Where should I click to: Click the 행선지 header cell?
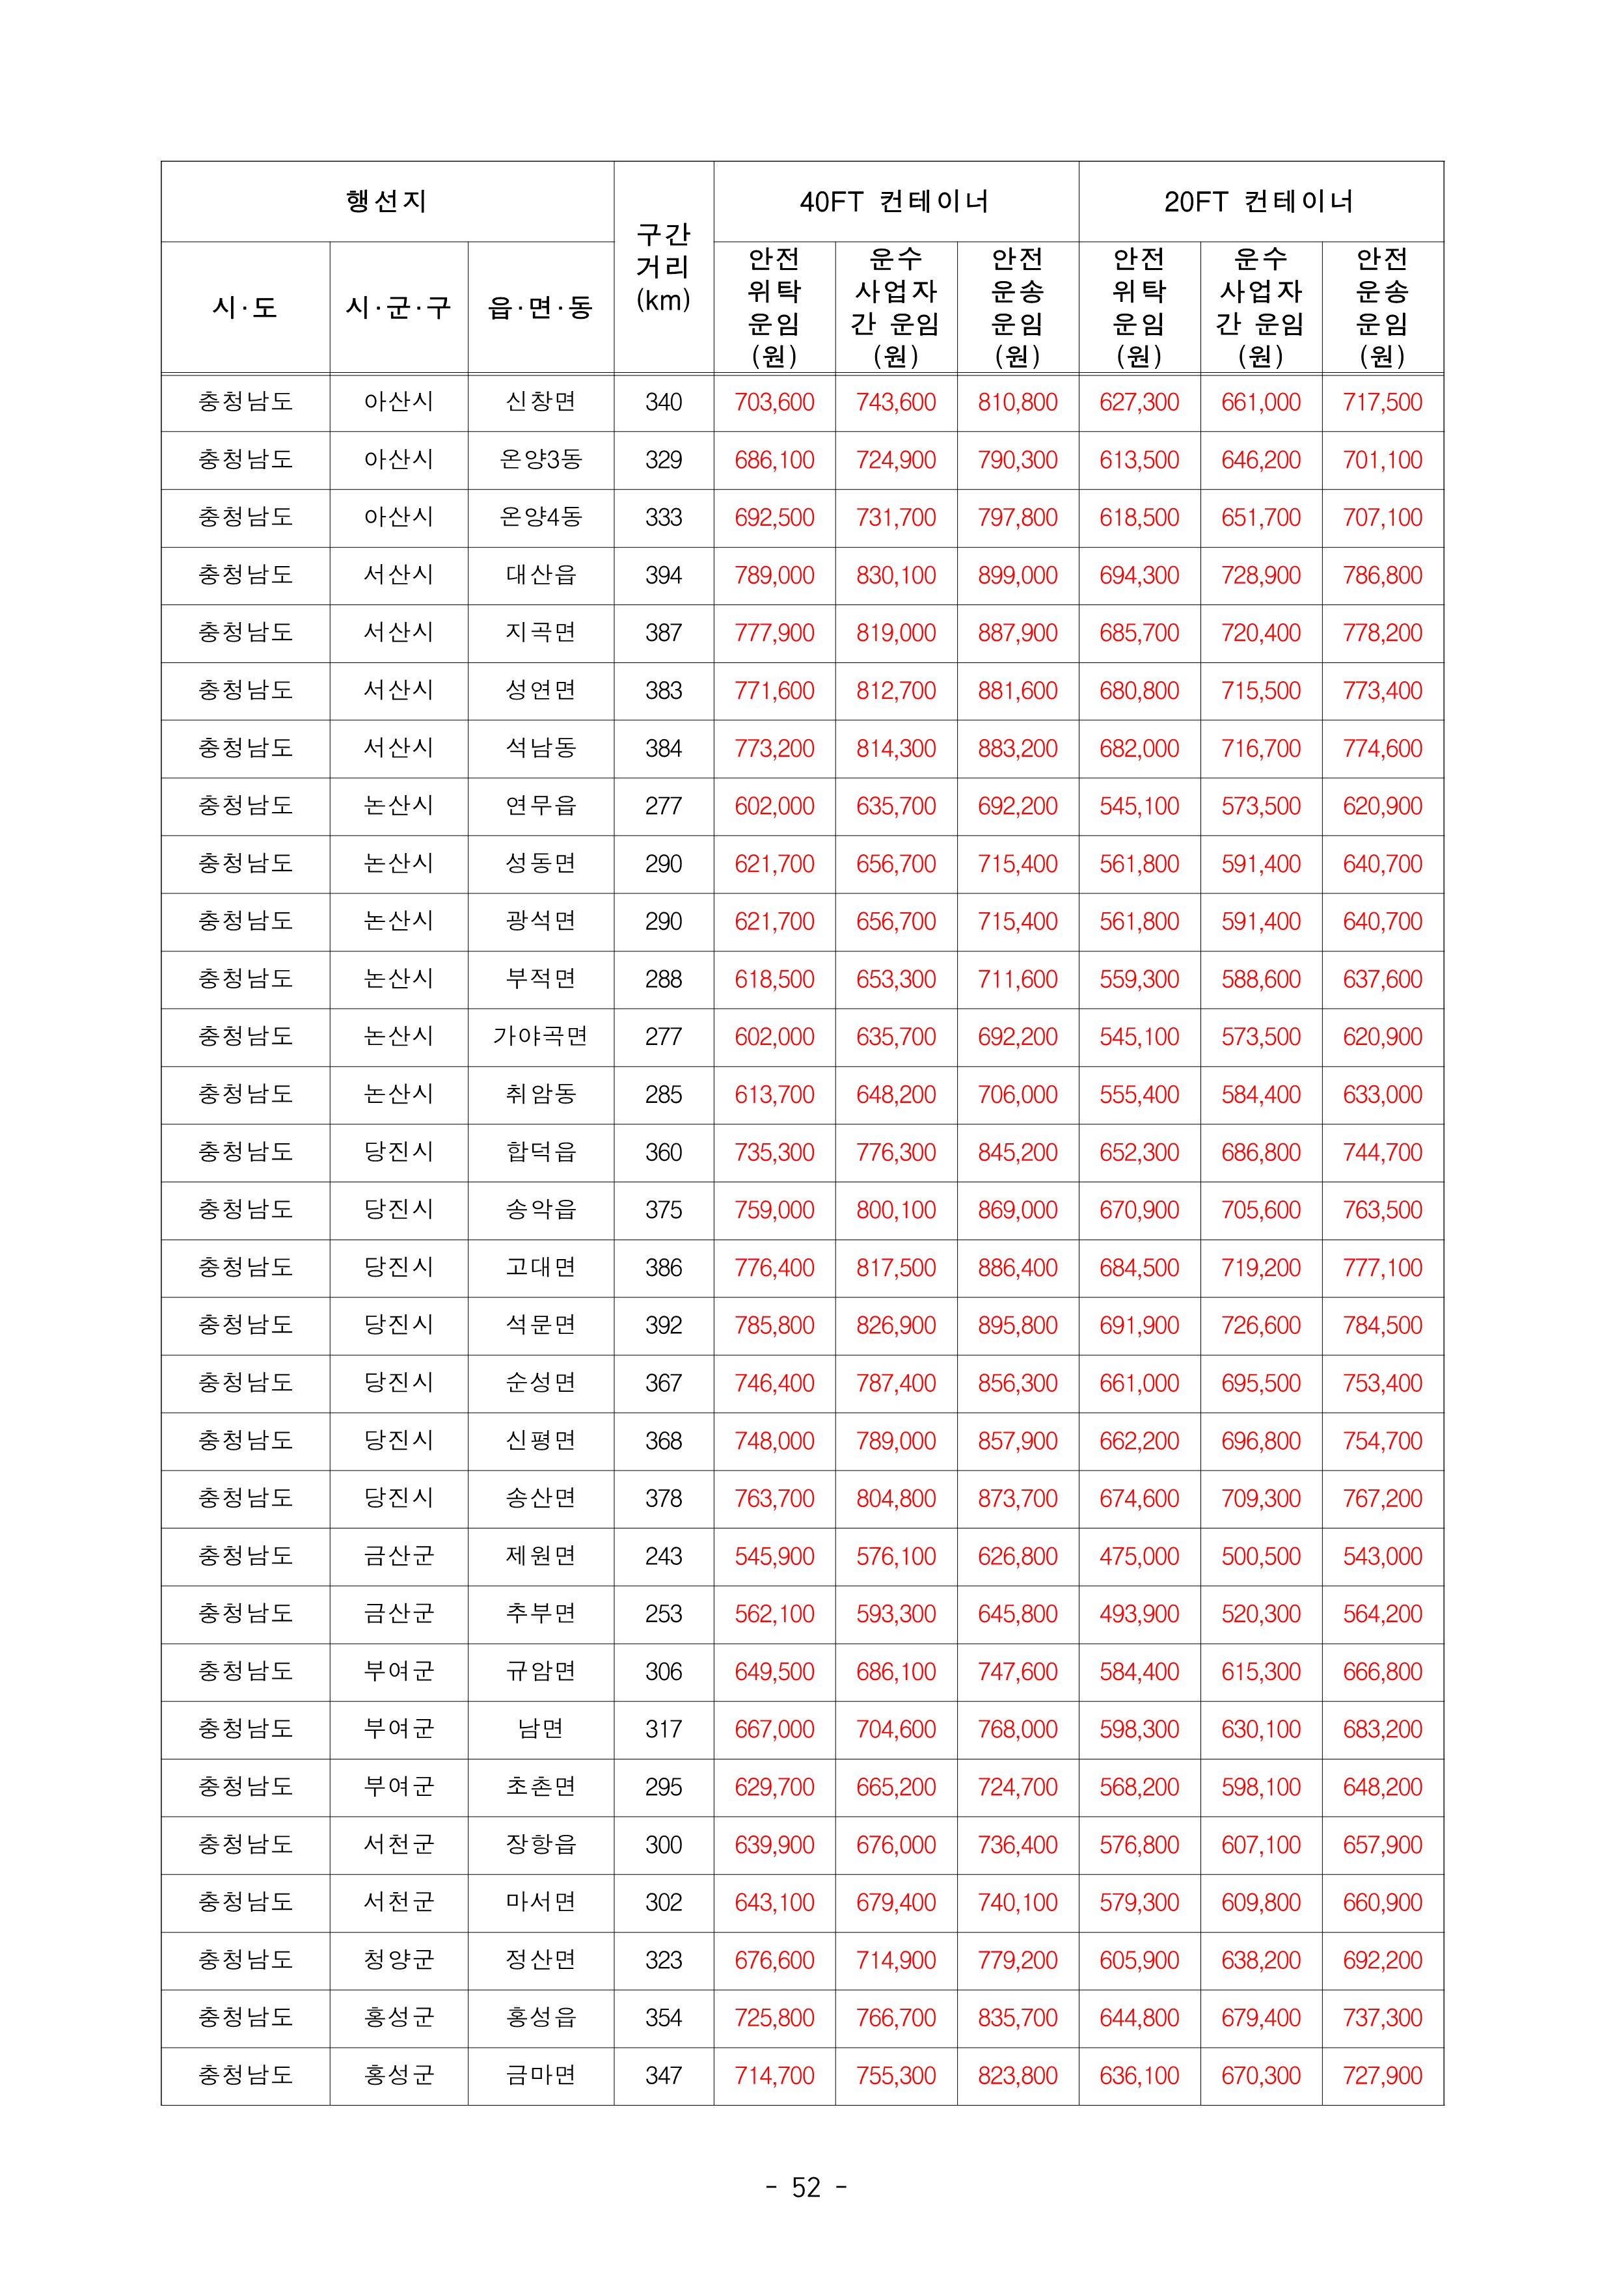386,202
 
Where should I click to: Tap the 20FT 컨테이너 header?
1260,202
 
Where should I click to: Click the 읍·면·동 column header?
540,308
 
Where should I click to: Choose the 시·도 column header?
245,308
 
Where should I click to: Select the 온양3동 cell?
540,460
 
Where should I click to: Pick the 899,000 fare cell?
1017,575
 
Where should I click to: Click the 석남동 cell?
540,748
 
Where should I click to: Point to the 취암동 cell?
540,1094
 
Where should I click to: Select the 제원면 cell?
540,1556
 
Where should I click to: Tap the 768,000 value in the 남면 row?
1017,1729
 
